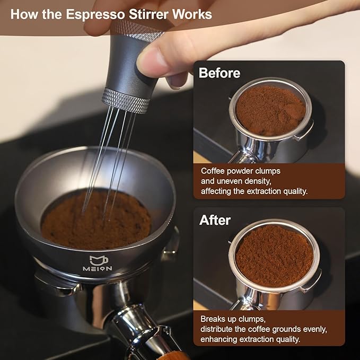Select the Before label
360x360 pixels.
pos(219,73)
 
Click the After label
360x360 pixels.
pos(215,219)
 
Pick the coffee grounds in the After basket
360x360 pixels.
pos(274,256)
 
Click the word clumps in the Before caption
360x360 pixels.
pos(266,171)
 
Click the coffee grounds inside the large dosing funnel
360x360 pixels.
pos(95,220)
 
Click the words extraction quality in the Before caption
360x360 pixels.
pos(283,191)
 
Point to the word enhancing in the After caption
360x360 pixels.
pos(222,339)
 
